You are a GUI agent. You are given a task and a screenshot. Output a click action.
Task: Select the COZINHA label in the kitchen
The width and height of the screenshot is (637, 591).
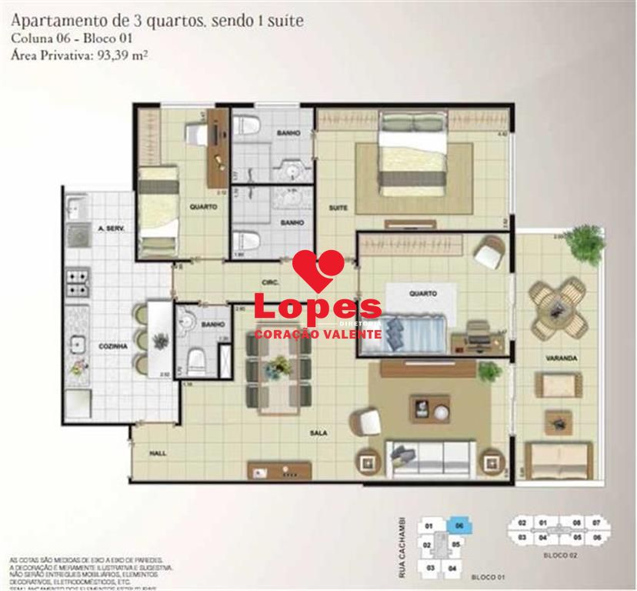click(x=112, y=347)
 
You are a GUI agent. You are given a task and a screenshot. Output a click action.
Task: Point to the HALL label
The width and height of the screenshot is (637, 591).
click(x=158, y=453)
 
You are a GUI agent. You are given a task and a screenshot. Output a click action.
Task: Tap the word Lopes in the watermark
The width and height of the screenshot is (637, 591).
click(x=317, y=308)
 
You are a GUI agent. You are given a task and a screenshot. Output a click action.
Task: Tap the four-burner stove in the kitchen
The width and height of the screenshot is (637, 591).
click(x=78, y=282)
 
